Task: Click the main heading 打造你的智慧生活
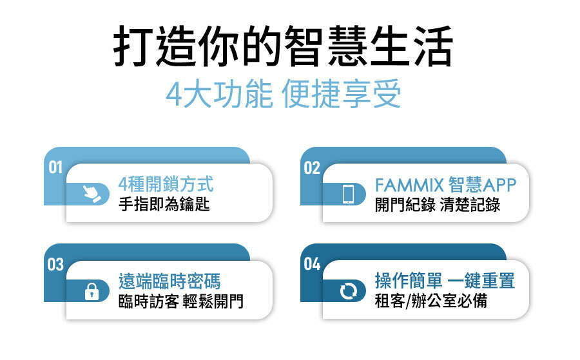click(x=283, y=46)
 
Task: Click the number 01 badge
click(x=55, y=167)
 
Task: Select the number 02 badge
click(x=312, y=167)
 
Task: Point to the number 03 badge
click(x=55, y=264)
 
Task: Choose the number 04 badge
click(x=312, y=264)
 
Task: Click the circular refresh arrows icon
click(x=349, y=291)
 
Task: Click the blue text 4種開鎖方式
click(x=166, y=185)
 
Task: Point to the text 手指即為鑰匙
click(x=164, y=205)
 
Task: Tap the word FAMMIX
click(x=409, y=185)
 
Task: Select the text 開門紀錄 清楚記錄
click(x=438, y=205)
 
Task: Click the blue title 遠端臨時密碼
click(x=169, y=282)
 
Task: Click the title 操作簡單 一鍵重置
click(x=445, y=282)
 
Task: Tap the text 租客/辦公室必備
click(x=430, y=301)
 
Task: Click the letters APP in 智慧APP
click(x=499, y=185)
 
